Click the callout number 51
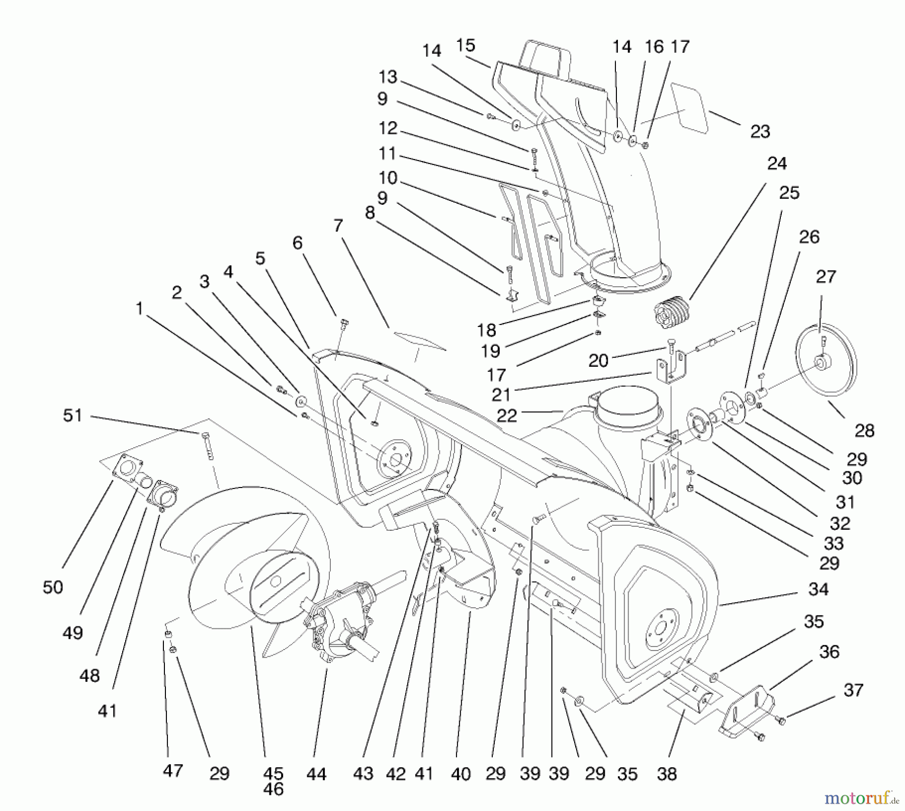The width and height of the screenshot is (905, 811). point(72,416)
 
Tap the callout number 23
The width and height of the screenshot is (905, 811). point(760,132)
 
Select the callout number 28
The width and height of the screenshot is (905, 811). point(864,430)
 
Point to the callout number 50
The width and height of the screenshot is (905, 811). point(53,587)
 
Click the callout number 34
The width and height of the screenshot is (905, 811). point(818,589)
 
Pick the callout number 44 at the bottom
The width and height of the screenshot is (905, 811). point(316,774)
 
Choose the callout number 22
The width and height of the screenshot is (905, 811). point(506,416)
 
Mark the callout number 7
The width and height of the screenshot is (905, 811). point(338,226)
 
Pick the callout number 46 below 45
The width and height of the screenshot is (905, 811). point(273,789)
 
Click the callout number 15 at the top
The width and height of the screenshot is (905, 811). point(466,45)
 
